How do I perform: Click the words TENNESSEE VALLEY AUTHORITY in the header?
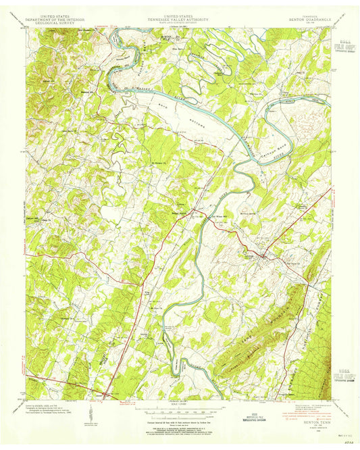[179, 17]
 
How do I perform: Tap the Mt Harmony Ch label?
[157, 162]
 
